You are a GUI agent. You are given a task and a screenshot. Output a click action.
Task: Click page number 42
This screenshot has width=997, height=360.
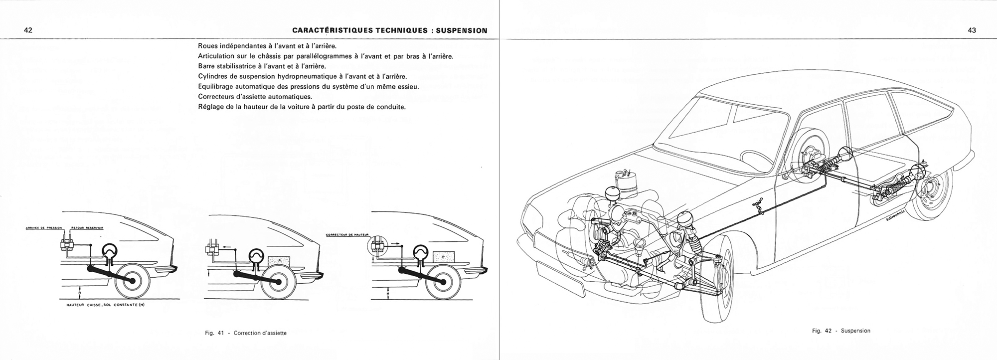click(28, 30)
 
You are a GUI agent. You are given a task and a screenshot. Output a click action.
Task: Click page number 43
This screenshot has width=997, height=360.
click(972, 30)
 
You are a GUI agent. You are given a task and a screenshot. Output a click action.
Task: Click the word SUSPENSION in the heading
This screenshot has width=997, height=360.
click(462, 30)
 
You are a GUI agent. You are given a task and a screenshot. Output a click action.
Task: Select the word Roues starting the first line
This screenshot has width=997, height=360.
click(209, 45)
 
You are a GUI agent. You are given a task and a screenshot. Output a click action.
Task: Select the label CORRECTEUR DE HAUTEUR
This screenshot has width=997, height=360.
click(346, 234)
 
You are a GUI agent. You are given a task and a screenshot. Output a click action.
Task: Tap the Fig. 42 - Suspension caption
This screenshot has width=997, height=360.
click(841, 331)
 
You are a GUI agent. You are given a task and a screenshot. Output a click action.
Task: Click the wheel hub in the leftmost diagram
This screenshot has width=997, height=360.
click(133, 281)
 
